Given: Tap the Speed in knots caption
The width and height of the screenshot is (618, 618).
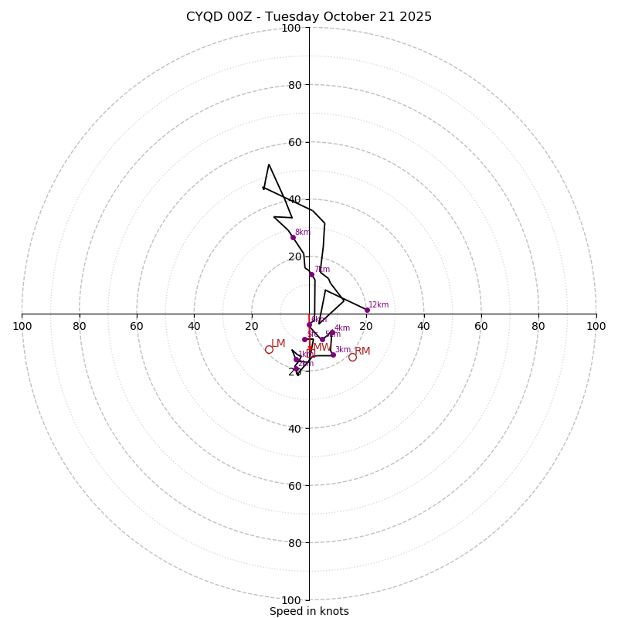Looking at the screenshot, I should [x=309, y=611].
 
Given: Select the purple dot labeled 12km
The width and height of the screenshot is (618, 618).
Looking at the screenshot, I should [x=367, y=310].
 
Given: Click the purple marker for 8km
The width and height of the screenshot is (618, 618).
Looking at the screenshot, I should [x=293, y=237].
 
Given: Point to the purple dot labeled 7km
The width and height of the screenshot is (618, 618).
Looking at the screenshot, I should [x=312, y=274].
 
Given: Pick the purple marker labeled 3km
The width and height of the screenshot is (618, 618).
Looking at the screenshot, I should [x=333, y=355].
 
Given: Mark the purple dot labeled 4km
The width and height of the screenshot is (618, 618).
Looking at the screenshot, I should [x=332, y=333].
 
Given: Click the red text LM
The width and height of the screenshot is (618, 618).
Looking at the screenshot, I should [x=278, y=344].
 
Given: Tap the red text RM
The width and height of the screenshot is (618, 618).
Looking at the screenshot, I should [x=362, y=351].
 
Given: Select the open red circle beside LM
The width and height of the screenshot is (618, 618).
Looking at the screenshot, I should [x=269, y=349].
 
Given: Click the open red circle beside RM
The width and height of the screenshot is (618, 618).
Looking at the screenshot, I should [x=352, y=357].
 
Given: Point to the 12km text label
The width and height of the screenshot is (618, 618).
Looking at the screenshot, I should [x=379, y=305].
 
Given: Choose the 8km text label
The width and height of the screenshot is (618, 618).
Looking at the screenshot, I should [x=302, y=232].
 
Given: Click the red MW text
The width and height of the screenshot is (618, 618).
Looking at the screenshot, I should [x=322, y=348].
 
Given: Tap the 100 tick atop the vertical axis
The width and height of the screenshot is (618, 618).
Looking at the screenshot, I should [x=291, y=28].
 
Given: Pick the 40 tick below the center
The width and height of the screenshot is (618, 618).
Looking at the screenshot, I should [x=294, y=428].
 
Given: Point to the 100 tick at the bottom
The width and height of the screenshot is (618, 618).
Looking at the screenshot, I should [x=291, y=599].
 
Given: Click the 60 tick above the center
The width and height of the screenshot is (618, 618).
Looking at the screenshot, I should [x=294, y=142].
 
